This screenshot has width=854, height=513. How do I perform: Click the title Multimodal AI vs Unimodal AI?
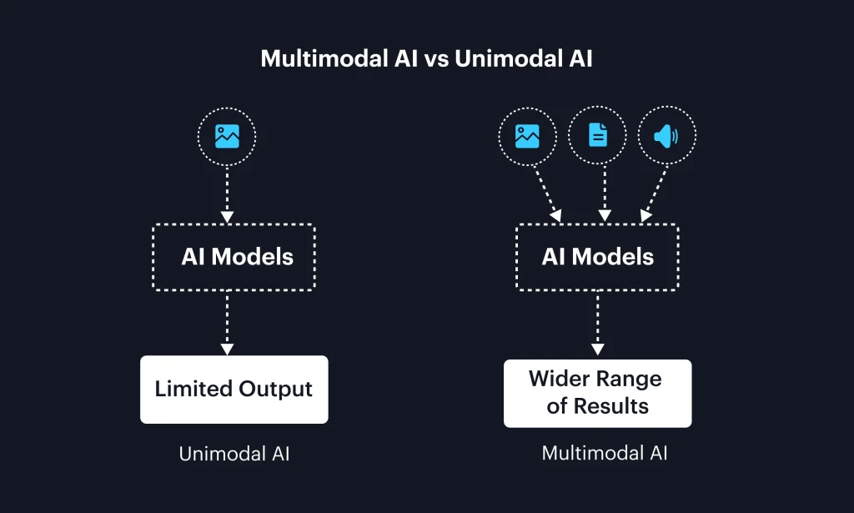(426, 59)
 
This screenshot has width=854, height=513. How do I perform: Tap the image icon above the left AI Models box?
(227, 136)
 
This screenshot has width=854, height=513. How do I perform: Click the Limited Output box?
(234, 390)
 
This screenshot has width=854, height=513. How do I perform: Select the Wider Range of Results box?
(597, 393)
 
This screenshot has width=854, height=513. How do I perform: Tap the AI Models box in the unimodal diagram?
(234, 256)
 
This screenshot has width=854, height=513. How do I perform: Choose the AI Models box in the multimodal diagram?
(597, 256)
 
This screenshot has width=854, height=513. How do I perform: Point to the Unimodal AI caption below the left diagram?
(234, 455)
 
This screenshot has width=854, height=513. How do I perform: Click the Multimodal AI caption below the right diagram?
(605, 454)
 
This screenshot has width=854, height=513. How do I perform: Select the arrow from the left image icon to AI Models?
(227, 192)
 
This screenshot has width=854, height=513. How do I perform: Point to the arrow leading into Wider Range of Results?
(597, 324)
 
